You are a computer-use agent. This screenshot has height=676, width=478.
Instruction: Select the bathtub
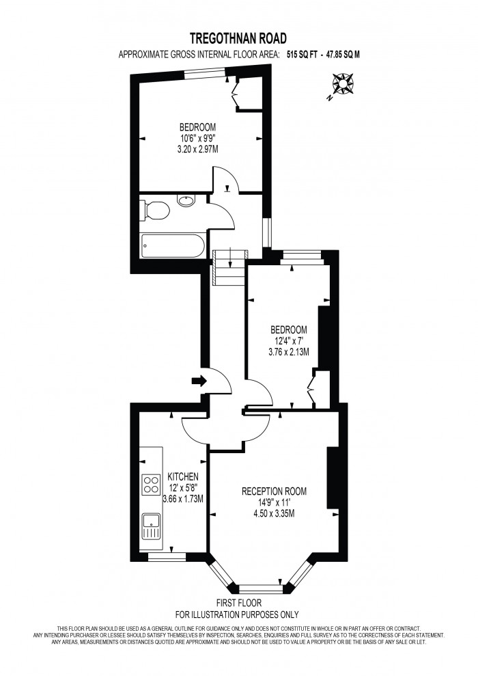coord(171,246)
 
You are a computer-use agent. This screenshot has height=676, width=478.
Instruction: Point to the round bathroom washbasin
coord(186,201)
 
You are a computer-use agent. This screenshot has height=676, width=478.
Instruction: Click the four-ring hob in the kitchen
coord(150,485)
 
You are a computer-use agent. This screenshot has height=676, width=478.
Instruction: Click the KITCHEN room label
coord(183,476)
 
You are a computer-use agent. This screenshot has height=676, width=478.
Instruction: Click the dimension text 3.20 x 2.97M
coord(198,148)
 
